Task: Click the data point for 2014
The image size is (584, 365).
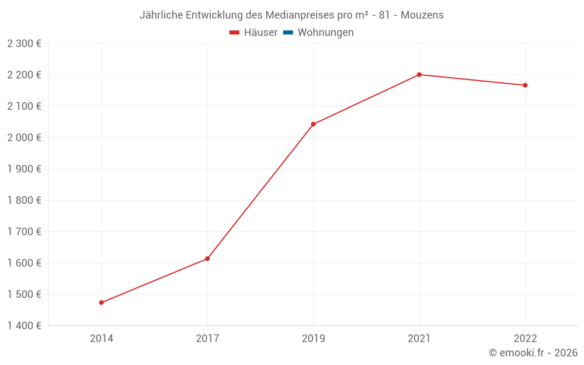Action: pyautogui.click(x=102, y=303)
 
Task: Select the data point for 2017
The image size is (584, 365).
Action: pyautogui.click(x=207, y=259)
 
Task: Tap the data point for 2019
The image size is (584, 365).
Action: pyautogui.click(x=314, y=124)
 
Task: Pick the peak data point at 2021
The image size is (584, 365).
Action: pyautogui.click(x=419, y=75)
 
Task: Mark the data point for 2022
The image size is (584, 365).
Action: pyautogui.click(x=525, y=85)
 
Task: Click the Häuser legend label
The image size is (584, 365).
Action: pyautogui.click(x=260, y=33)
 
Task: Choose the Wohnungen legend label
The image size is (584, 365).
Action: pyautogui.click(x=325, y=33)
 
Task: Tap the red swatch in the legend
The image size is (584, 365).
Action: pyautogui.click(x=235, y=33)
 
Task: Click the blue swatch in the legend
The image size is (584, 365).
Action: pyautogui.click(x=288, y=33)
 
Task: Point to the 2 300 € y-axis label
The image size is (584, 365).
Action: pyautogui.click(x=24, y=43)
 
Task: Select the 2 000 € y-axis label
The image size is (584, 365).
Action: pyautogui.click(x=24, y=137)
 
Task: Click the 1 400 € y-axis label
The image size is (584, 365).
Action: pyautogui.click(x=24, y=325)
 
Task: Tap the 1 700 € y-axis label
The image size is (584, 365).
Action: pyautogui.click(x=24, y=231)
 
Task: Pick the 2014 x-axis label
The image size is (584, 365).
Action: pyautogui.click(x=102, y=338)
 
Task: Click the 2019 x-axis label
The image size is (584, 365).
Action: pyautogui.click(x=314, y=338)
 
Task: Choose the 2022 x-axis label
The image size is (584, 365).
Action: pyautogui.click(x=525, y=338)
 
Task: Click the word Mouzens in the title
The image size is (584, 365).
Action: pyautogui.click(x=422, y=15)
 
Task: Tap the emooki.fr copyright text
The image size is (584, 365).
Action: pyautogui.click(x=533, y=353)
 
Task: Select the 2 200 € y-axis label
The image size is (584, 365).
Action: pyautogui.click(x=24, y=75)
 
